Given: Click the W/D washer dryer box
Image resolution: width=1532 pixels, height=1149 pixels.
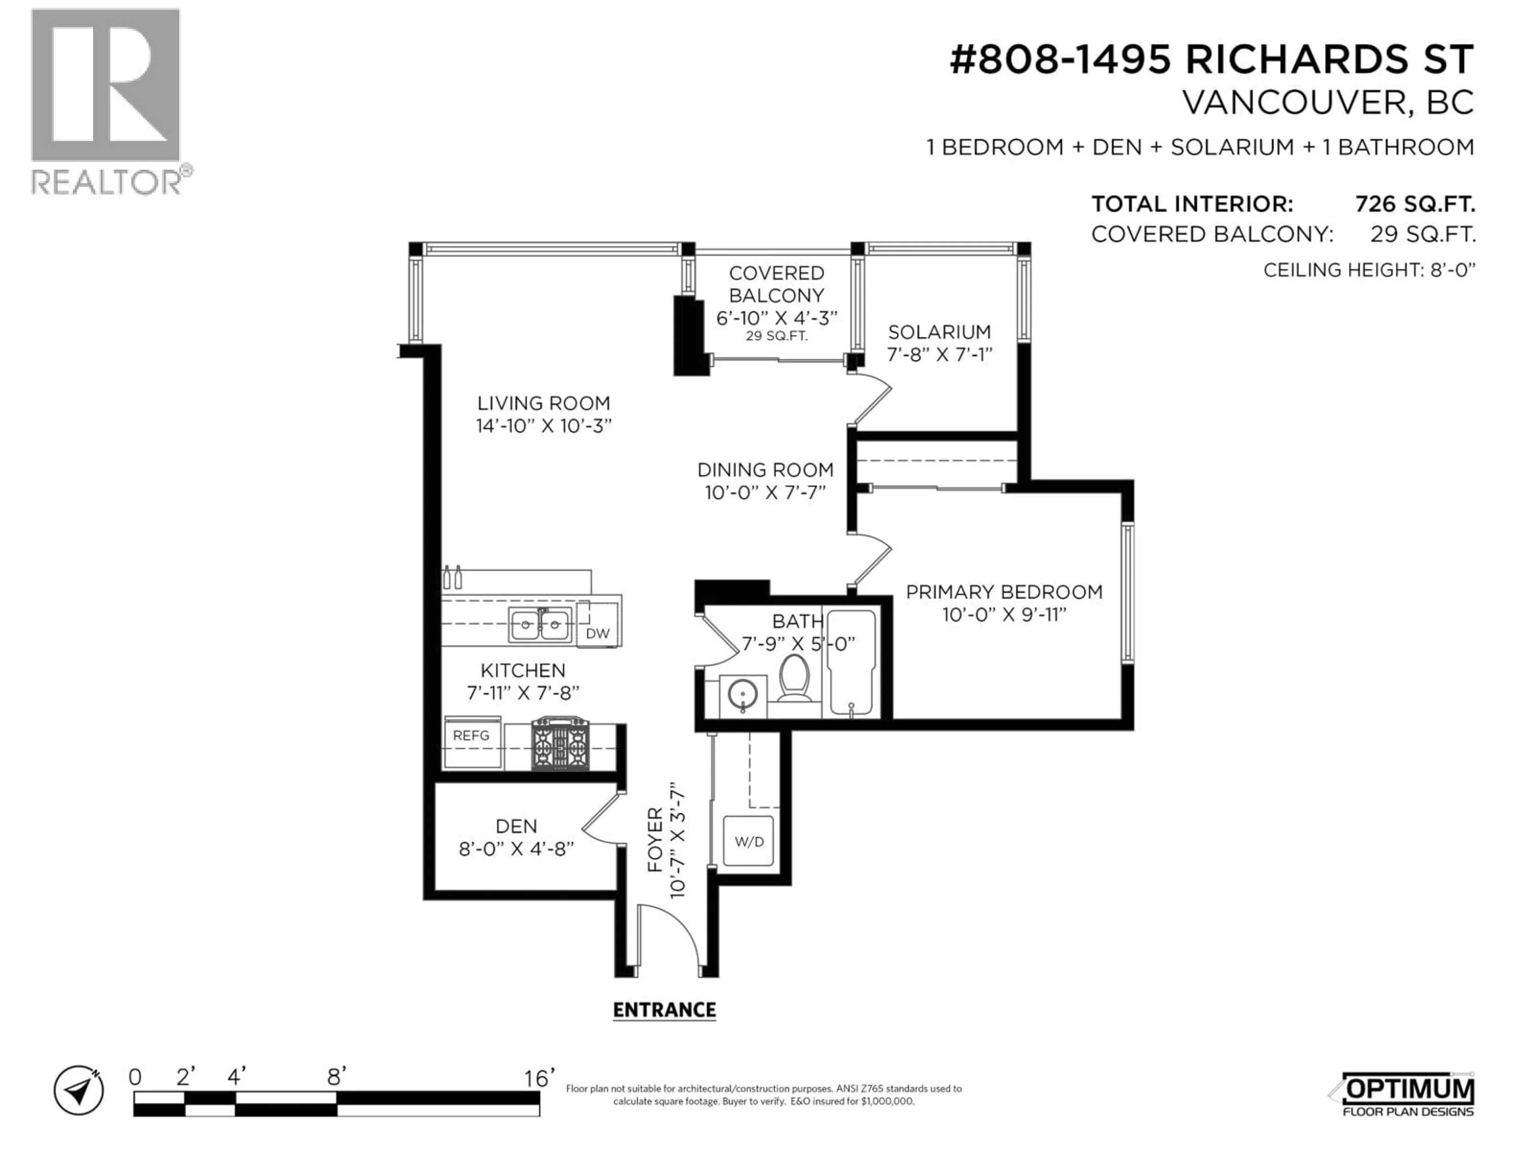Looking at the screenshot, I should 749,841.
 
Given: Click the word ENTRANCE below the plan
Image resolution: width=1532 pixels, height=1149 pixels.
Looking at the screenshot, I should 664,1010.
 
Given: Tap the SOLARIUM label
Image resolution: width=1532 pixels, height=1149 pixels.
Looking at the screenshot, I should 939,332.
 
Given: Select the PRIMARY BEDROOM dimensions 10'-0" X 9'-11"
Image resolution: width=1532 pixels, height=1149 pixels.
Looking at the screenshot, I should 1003,614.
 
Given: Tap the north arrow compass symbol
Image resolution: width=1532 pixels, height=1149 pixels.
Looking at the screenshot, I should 79,1090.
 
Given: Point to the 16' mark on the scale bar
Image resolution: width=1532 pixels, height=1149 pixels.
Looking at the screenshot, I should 539,1078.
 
